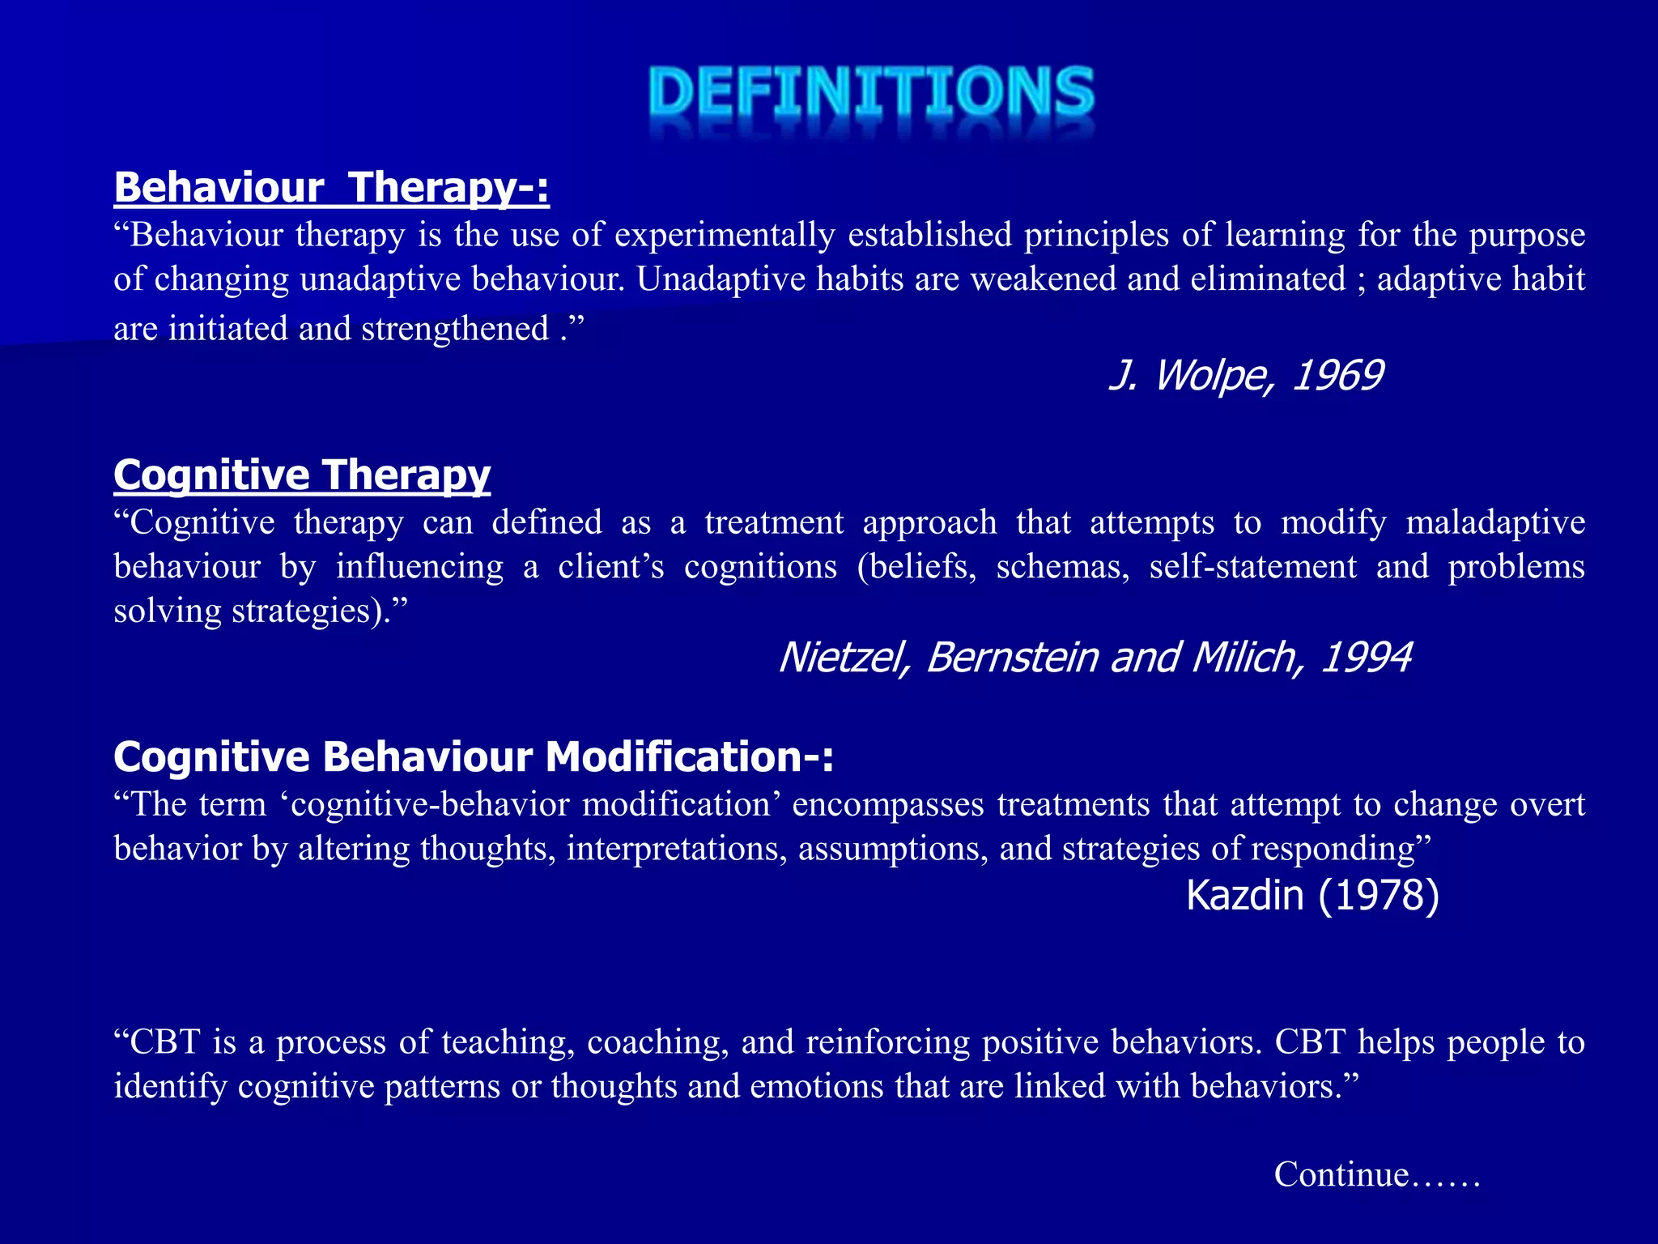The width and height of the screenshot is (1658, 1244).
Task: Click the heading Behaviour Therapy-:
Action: (x=331, y=187)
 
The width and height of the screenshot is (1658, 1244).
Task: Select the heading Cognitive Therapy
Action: (x=302, y=474)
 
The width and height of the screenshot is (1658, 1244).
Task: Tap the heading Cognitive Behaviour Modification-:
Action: (x=473, y=757)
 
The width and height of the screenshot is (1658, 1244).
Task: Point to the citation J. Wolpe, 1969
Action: (x=1245, y=376)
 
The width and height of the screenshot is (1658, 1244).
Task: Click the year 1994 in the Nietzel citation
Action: (x=1367, y=657)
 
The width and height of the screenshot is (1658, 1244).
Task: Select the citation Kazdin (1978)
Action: (x=1312, y=895)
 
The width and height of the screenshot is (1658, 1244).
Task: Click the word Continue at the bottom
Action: (x=1341, y=1174)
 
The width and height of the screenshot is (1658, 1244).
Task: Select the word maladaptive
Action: (x=1495, y=522)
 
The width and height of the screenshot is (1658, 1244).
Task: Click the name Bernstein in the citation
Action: (x=1012, y=657)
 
